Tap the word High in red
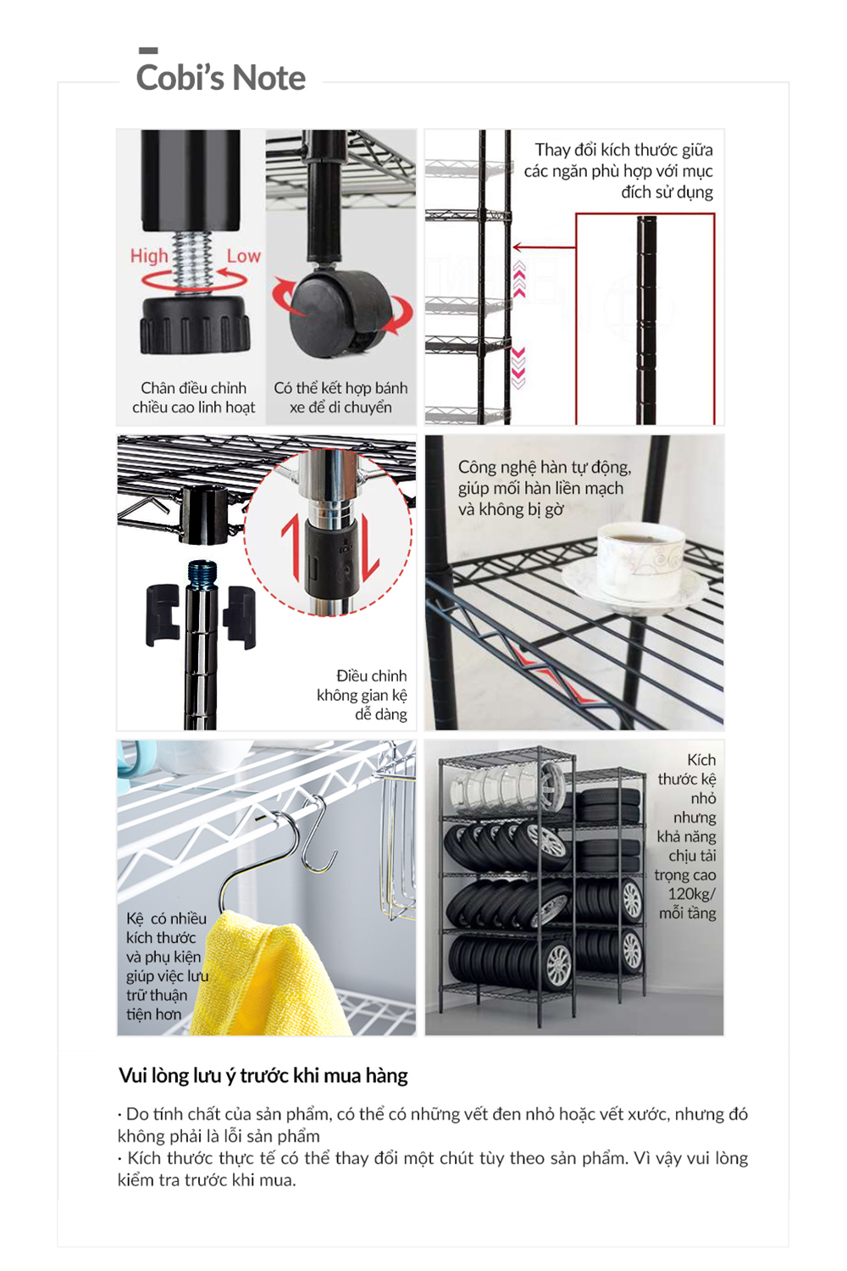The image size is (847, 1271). [x=149, y=256]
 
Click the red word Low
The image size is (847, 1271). [x=243, y=256]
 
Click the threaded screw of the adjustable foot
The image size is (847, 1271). [x=192, y=261]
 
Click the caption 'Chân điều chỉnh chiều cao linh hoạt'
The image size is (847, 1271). [x=193, y=397]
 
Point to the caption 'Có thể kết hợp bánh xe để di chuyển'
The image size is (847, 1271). [x=340, y=397]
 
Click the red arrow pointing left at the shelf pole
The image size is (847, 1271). [x=544, y=247]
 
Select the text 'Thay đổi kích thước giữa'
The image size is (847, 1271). [x=624, y=150]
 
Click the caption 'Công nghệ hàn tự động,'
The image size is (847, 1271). [x=545, y=468]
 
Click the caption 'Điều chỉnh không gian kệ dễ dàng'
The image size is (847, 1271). [x=362, y=695]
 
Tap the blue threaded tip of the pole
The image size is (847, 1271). [x=202, y=569]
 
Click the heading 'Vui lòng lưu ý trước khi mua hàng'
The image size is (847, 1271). [x=263, y=1076]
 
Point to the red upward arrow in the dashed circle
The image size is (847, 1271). [x=291, y=550]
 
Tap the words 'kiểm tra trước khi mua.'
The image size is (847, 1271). [x=207, y=1180]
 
